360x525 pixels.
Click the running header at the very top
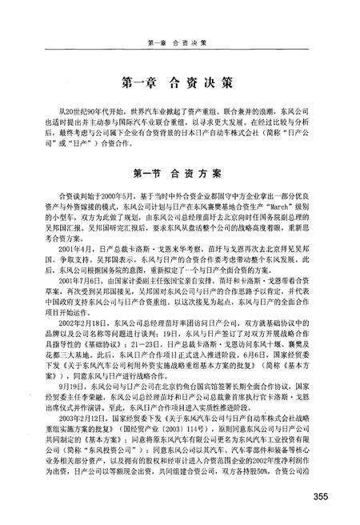point(178,42)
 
